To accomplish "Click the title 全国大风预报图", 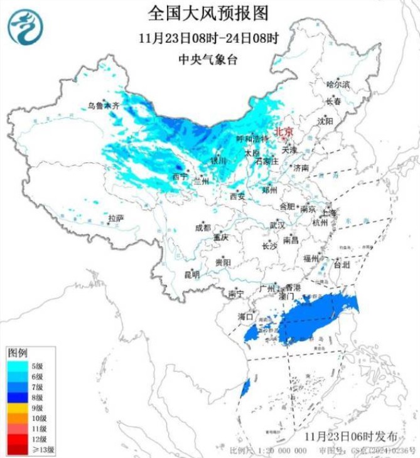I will (x=209, y=12).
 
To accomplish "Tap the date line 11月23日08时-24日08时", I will (x=209, y=37).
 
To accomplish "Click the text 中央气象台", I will (x=209, y=60).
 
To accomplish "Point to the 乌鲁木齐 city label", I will (x=103, y=106).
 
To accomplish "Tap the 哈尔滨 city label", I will (x=338, y=83).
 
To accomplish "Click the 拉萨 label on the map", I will (x=116, y=218).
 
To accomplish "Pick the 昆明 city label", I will (x=191, y=274).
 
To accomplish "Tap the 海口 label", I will (x=245, y=317).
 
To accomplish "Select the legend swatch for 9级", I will (x=17, y=408).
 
